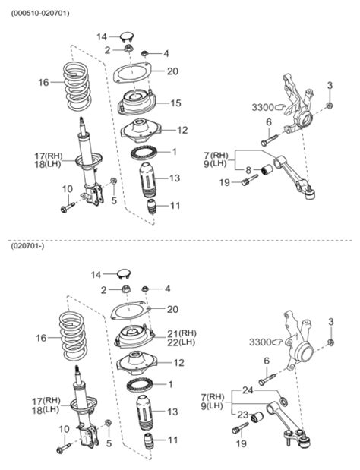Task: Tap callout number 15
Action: [x=175, y=103]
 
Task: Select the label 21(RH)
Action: [x=181, y=333]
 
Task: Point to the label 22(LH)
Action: [x=181, y=343]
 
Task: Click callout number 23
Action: [x=242, y=415]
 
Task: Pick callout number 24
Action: [x=247, y=390]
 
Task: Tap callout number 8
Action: [x=248, y=169]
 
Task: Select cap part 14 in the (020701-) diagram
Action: [x=126, y=273]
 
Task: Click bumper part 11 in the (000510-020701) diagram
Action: [x=151, y=207]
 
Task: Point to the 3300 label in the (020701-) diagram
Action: [x=263, y=342]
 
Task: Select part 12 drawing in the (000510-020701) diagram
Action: [x=139, y=131]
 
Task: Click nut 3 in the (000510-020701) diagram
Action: [x=330, y=105]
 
